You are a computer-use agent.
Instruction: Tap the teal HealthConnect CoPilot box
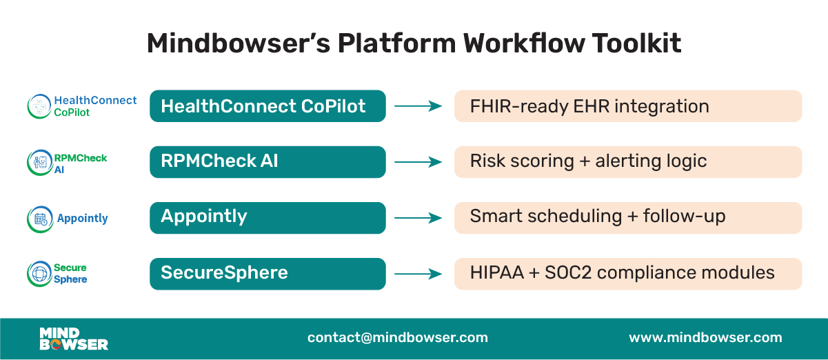(267, 106)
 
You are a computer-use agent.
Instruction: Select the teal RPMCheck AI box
(267, 161)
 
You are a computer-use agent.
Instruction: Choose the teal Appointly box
(267, 217)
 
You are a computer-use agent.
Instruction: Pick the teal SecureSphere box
(267, 273)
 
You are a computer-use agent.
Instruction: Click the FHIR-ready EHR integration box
(627, 106)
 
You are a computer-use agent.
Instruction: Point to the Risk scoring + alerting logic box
(627, 161)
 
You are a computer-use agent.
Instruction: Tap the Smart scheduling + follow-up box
(627, 217)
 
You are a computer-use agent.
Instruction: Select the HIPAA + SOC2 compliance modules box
(627, 273)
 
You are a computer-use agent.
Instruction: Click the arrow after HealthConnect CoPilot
(418, 106)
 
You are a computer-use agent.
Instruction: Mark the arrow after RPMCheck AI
(418, 162)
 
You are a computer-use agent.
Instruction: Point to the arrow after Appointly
(418, 218)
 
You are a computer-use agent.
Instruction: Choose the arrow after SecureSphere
(418, 274)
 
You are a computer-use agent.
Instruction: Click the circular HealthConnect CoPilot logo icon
(39, 106)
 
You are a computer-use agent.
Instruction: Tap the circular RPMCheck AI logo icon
(39, 163)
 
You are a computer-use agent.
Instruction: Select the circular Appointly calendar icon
(39, 219)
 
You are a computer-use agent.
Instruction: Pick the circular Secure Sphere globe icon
(39, 274)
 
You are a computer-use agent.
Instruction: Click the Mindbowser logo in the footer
(74, 338)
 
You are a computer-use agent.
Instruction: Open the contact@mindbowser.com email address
(398, 338)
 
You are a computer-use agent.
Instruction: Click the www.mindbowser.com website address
(705, 338)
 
